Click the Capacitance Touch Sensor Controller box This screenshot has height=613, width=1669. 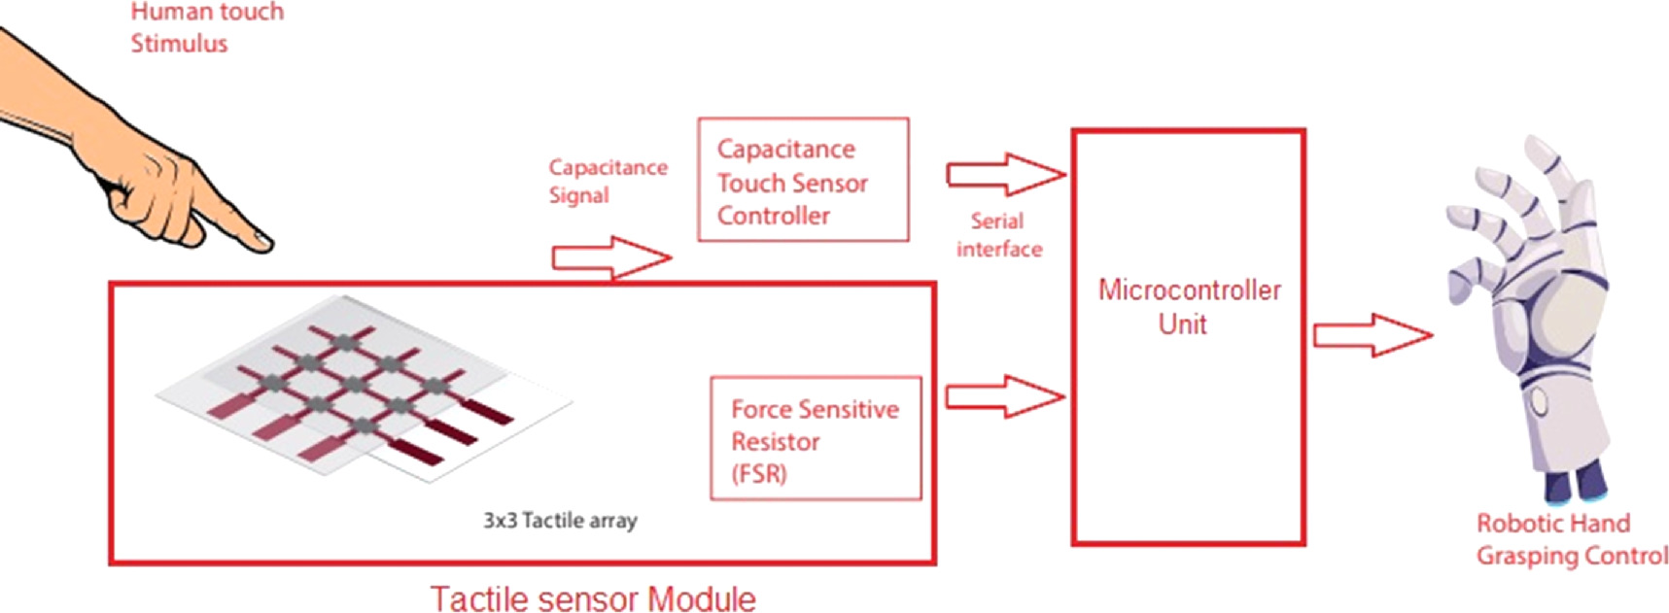tap(803, 180)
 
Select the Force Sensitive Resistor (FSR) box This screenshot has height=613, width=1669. tap(815, 438)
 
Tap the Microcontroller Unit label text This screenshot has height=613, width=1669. tap(1189, 307)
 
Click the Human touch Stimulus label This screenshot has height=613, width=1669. tap(206, 27)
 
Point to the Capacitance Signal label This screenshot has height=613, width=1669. tap(607, 181)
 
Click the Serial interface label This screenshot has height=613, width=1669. tap(998, 235)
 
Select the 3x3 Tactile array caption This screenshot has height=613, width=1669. tap(560, 521)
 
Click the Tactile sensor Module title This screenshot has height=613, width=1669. tap(593, 598)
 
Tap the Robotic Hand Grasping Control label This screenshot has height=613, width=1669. tap(1571, 539)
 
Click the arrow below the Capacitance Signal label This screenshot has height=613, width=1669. tap(611, 258)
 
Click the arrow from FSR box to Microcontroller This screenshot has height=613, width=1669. tap(1005, 396)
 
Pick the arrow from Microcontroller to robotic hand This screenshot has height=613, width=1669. tap(1372, 335)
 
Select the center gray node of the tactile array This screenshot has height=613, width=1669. tap(354, 385)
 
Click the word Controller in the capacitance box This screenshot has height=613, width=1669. tap(773, 216)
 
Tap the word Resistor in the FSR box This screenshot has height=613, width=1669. tap(775, 442)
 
